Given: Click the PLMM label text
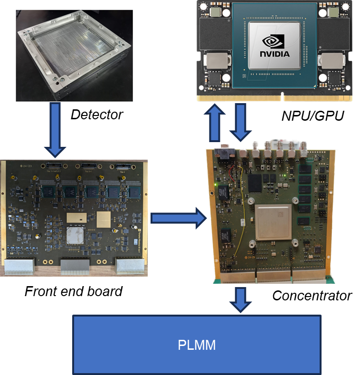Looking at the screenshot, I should click(x=197, y=345).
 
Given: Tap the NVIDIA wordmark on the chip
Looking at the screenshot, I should click(x=274, y=54).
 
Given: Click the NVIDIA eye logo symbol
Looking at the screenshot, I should click(x=274, y=41).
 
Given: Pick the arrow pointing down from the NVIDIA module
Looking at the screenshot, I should click(x=241, y=123).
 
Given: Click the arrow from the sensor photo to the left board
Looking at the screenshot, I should click(x=56, y=130).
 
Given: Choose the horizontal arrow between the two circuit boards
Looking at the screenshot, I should click(x=178, y=219).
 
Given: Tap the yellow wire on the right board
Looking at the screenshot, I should click(x=237, y=214).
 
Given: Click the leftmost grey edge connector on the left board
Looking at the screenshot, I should click(x=19, y=267).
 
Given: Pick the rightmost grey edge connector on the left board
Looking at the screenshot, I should click(x=129, y=266).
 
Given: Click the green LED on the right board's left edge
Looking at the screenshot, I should click(x=216, y=184).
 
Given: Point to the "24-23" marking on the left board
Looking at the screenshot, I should click(x=23, y=166).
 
